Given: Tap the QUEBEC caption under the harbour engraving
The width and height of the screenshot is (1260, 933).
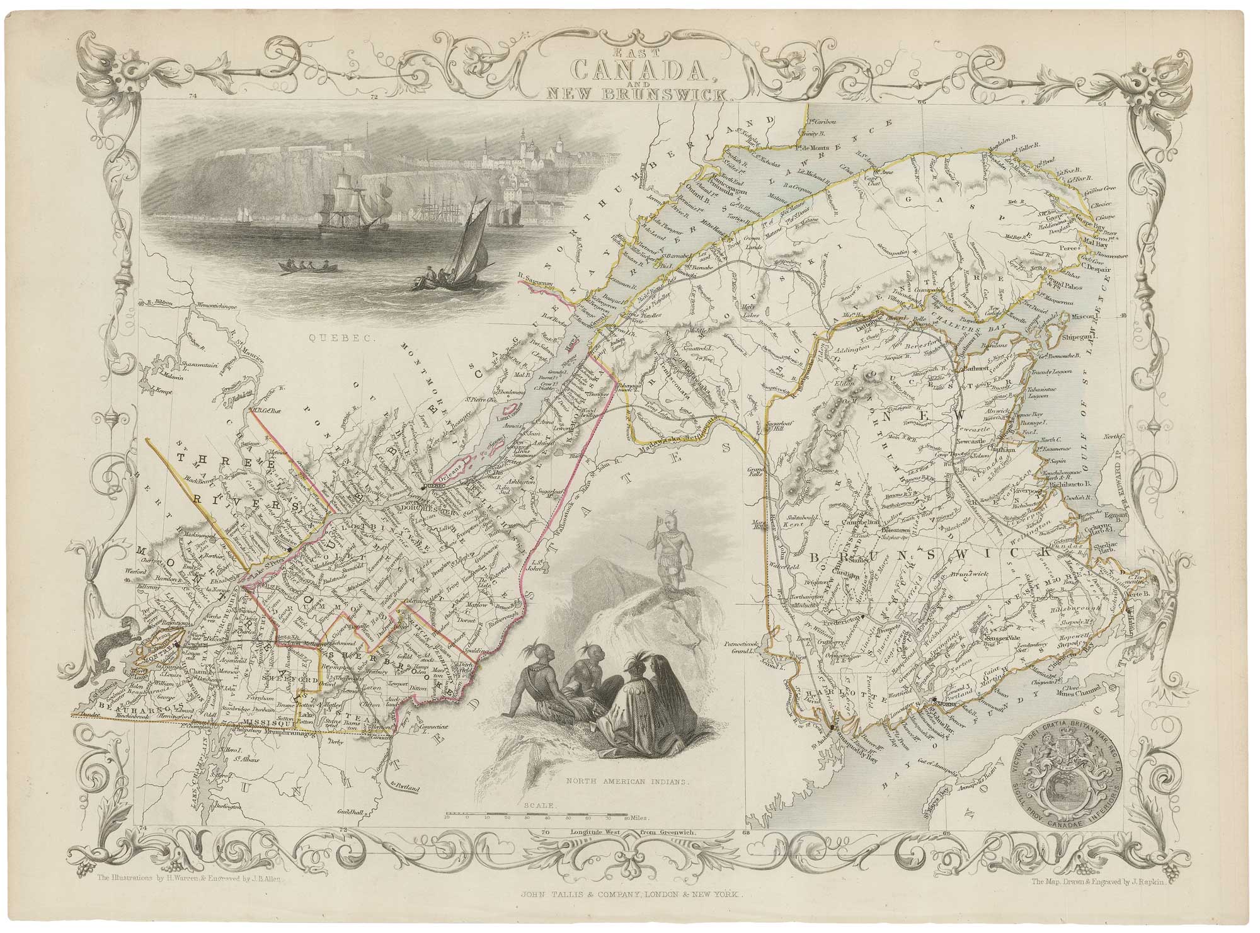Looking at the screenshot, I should coord(330,338).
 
